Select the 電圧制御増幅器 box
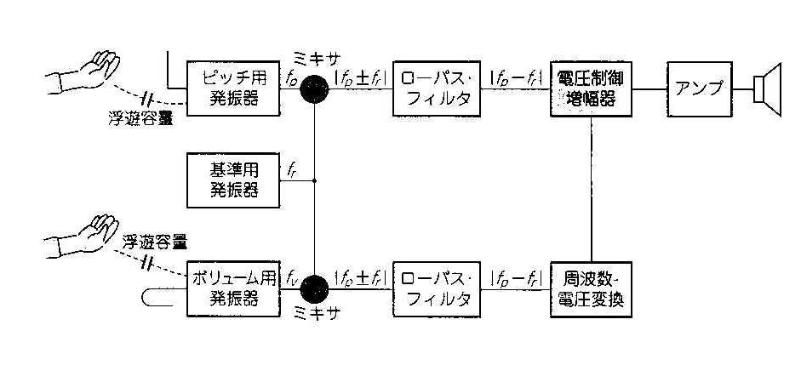coord(591,88)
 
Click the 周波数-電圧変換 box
coord(591,288)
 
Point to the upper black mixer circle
coord(315,88)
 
